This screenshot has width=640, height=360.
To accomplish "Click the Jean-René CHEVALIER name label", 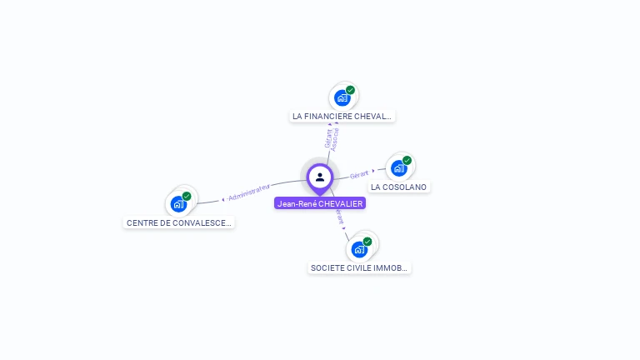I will pos(320,203).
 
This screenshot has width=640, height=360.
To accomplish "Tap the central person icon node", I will pos(320,177).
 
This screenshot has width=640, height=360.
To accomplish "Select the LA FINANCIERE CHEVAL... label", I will pos(342,117).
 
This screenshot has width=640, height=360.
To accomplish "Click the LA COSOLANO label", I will pos(399,187).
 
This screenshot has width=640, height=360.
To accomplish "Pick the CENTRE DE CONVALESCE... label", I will pos(179,223).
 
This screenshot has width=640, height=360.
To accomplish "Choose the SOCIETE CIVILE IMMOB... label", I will pos(360,268).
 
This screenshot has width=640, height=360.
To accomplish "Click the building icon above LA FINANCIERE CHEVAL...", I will pos(342,97).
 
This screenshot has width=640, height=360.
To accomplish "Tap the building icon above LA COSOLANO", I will pos(399,168).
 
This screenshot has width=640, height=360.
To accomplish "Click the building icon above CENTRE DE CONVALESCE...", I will pos(178,203).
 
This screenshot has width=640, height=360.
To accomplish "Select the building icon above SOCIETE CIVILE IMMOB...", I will pos(359,248).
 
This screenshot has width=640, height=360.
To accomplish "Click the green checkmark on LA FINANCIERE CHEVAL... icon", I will pos(351,90).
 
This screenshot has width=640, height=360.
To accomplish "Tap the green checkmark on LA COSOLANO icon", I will pos(407,160).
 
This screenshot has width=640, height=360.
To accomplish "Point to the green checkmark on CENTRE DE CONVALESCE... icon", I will pos(187,196).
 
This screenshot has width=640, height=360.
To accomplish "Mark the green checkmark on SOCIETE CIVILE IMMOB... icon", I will pos(367,241).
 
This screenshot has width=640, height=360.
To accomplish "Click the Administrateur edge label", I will pos(249,192).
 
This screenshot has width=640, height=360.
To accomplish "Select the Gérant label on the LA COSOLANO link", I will pos(359,174).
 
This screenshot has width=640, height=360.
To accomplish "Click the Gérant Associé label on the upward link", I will pos(331,137).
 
